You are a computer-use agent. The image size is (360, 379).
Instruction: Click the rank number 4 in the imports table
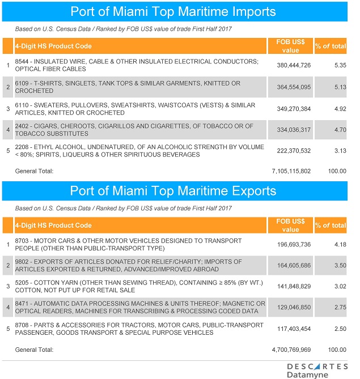point(8,130)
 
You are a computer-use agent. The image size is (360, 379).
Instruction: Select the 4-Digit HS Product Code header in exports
point(53,225)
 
